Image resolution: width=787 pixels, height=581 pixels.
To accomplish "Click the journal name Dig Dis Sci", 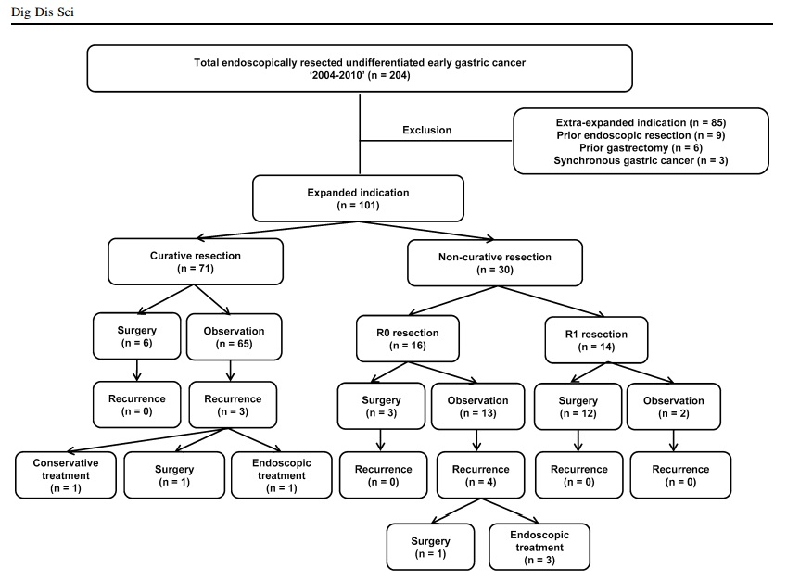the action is [x=43, y=11].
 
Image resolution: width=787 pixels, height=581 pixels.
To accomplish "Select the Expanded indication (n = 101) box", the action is [x=358, y=198].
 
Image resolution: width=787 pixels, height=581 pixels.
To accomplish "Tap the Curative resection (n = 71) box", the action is [x=196, y=262].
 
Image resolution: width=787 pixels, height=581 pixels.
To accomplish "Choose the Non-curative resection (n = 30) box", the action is [x=495, y=263].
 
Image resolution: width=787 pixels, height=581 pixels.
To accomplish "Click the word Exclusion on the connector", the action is [x=426, y=130].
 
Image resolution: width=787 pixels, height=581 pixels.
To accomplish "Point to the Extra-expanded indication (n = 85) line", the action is [x=641, y=122].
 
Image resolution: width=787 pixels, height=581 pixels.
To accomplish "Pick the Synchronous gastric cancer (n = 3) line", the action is [x=641, y=160].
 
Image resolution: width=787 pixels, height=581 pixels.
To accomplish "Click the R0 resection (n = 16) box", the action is [x=408, y=338].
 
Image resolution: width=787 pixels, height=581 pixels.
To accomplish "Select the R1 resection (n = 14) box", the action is [x=596, y=340].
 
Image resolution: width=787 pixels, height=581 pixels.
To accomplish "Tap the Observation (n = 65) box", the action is [x=234, y=337].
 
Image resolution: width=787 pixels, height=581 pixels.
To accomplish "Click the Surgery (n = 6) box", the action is [x=136, y=336].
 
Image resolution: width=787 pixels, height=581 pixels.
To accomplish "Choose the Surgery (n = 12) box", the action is [x=578, y=407].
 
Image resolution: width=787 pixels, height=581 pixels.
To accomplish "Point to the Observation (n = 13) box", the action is [x=477, y=407].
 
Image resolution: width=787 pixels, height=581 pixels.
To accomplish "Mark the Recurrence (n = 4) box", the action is [x=481, y=475].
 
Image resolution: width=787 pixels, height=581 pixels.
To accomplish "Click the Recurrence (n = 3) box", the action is [x=233, y=405].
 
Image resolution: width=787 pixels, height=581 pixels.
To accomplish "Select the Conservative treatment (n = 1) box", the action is [x=66, y=475].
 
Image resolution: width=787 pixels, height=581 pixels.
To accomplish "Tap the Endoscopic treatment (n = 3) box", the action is [x=539, y=547].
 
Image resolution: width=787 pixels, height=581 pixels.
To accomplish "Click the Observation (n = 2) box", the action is [x=674, y=407].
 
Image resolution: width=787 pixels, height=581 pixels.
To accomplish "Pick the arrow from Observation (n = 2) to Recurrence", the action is [x=674, y=441].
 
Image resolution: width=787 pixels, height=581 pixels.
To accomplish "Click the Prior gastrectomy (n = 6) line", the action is [x=641, y=148].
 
